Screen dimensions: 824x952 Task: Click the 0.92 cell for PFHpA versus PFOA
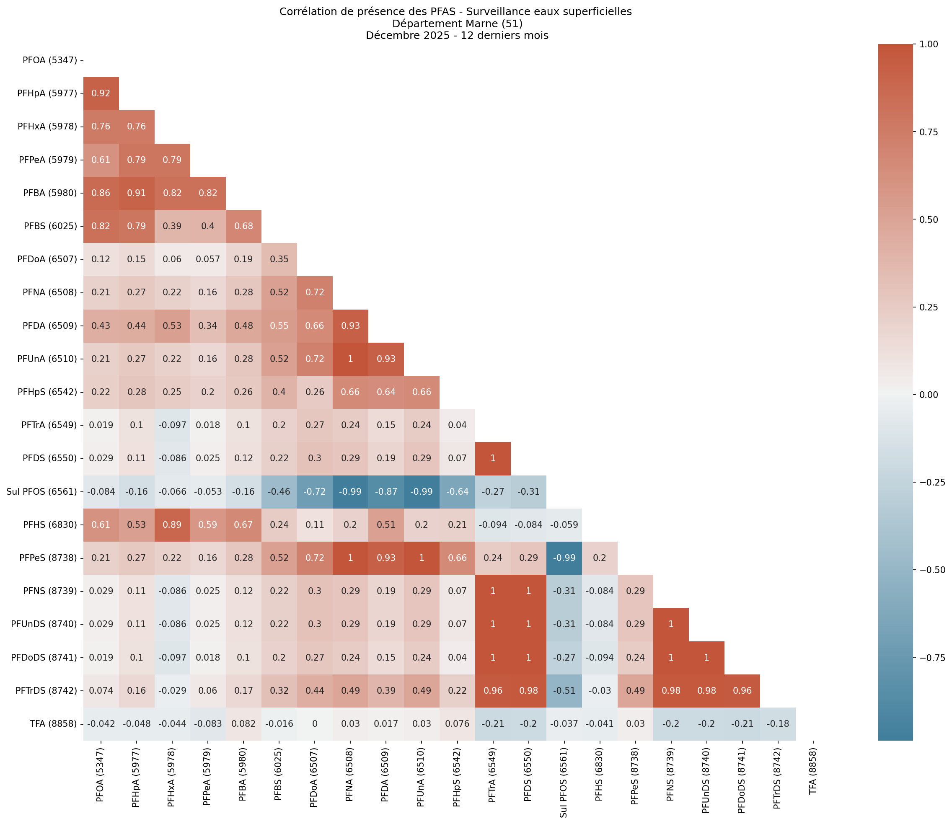pyautogui.click(x=101, y=93)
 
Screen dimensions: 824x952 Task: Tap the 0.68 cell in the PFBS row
pyautogui.click(x=243, y=226)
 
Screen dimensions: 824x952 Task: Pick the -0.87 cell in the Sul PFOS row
pyautogui.click(x=386, y=491)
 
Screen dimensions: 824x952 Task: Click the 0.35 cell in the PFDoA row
pyautogui.click(x=279, y=259)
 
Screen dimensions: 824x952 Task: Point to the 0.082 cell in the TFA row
pyautogui.click(x=243, y=724)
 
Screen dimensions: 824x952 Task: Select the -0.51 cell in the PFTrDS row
pyautogui.click(x=564, y=691)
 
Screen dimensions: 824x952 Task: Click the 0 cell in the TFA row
pyautogui.click(x=315, y=724)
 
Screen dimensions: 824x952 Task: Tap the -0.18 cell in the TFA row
pyautogui.click(x=778, y=724)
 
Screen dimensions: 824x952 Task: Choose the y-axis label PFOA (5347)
pyautogui.click(x=50, y=60)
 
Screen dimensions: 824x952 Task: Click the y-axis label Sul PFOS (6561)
pyautogui.click(x=42, y=491)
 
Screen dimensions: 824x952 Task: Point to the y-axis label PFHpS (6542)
pyautogui.click(x=48, y=392)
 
